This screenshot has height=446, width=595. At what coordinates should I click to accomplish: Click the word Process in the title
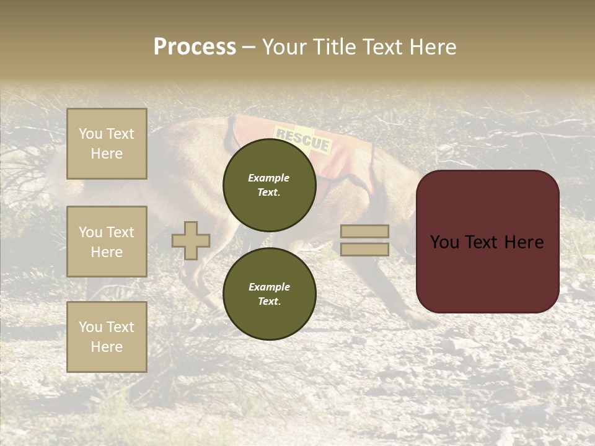(x=195, y=47)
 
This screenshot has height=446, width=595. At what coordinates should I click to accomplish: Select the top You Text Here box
(x=107, y=144)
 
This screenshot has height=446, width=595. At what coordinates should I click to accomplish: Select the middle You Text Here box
(x=107, y=242)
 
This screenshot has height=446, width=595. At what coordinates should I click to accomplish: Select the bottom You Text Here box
(x=107, y=337)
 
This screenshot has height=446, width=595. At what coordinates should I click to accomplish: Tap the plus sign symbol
(x=191, y=240)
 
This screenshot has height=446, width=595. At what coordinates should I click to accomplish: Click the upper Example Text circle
(x=269, y=185)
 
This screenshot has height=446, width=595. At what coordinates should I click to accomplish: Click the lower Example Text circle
(x=269, y=294)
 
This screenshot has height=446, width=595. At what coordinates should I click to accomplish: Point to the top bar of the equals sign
(x=364, y=232)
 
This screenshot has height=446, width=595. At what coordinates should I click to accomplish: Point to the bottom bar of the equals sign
(x=364, y=250)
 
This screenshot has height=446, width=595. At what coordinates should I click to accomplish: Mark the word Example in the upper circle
(x=269, y=178)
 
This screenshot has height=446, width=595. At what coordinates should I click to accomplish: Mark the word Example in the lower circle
(x=269, y=287)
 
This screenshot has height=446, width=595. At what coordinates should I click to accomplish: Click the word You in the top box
(x=90, y=134)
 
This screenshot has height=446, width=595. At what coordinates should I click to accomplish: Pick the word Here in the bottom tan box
(x=107, y=347)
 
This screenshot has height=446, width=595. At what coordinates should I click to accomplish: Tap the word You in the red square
(x=445, y=242)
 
